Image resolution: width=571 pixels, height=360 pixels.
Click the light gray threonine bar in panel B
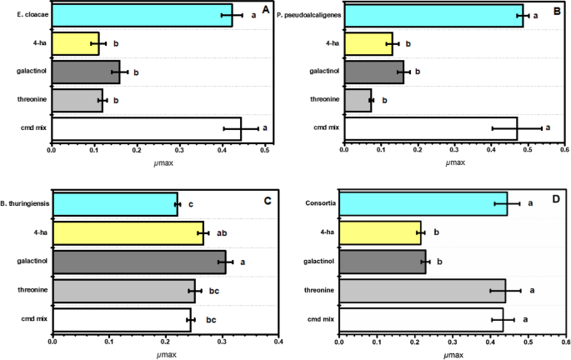tap(357, 100)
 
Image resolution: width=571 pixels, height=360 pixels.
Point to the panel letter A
tap(265, 10)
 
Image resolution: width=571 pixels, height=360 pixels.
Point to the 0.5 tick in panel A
tap(265, 151)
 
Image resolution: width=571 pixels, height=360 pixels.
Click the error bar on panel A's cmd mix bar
tap(241, 128)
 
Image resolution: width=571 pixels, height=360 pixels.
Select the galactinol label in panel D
tap(317, 262)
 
